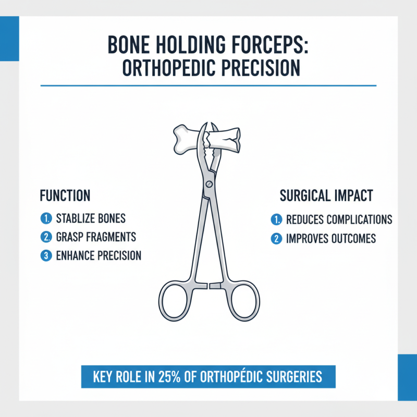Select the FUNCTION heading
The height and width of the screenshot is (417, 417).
pos(65,196)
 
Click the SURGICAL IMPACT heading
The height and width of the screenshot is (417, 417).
pos(326,196)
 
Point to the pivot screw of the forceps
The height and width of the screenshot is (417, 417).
pos(209,183)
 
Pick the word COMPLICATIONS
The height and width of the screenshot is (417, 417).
pos(360,219)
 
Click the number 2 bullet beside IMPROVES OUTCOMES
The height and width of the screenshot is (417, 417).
pos(276,238)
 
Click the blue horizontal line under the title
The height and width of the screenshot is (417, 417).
pos(208,85)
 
